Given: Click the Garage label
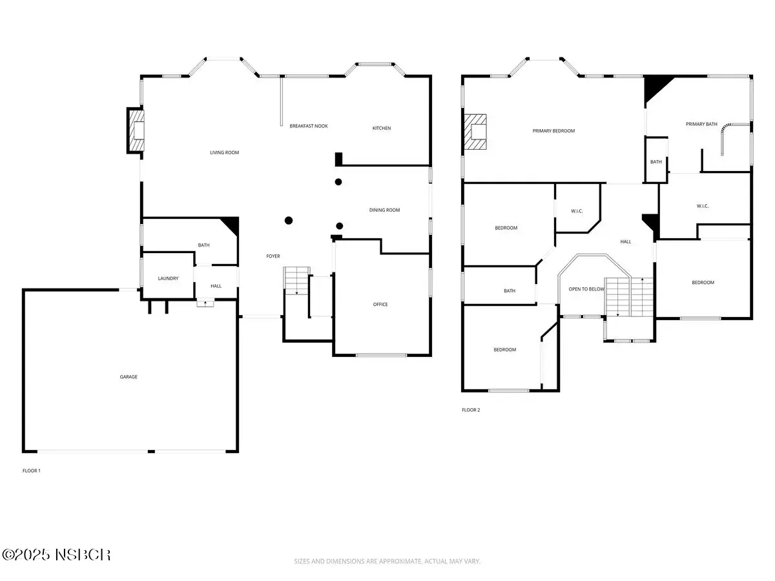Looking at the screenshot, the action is pos(129,377).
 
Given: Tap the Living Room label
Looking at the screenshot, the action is pos(225,152).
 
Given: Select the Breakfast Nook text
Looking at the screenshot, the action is pos(309,126).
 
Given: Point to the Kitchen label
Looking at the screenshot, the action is pos(382,128).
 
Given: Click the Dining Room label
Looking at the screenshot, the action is pos(384,210).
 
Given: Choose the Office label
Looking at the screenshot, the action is pos(380,305).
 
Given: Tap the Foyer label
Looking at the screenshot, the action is pos(273,256).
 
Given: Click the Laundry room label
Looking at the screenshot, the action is pos(168,278).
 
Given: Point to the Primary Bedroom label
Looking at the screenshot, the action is pos(553,131).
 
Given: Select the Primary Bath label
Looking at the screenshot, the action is pos(701,124).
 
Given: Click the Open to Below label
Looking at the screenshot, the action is pos(586,289).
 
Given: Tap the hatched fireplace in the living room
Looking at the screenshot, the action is pos(136,130).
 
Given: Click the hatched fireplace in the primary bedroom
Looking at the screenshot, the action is pos(475,132).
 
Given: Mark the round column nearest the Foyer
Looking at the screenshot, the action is pos(289,221).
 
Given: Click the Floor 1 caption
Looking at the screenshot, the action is pos(32,471).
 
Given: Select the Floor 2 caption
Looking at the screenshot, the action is pos(471,410).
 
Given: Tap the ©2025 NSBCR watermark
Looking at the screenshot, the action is pos(56,555).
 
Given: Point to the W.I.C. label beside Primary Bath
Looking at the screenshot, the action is pos(703,206).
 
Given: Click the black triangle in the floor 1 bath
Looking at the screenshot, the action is pos(232,225).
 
